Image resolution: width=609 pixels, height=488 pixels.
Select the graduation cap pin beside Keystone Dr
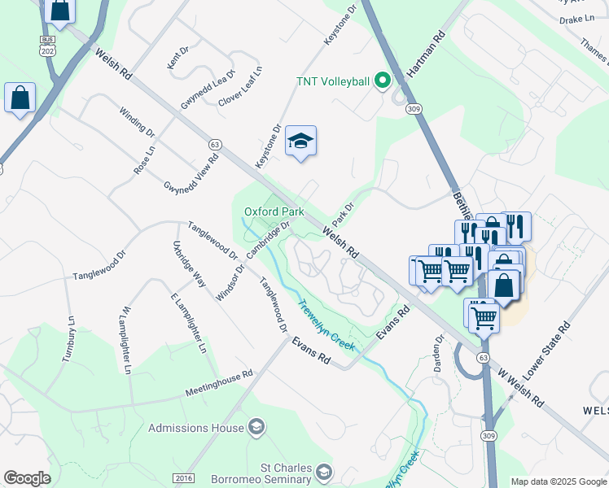[300, 142]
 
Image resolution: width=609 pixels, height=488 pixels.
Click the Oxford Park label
[274, 211]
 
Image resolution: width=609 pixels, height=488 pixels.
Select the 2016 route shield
[184, 478]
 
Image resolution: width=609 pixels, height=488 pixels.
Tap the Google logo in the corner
[28, 478]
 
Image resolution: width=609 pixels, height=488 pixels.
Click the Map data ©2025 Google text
[558, 481]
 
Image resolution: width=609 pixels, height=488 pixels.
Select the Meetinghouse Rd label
[219, 383]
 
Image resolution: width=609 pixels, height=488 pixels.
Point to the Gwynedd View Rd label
[195, 175]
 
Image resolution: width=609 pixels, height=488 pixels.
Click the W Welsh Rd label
[522, 388]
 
